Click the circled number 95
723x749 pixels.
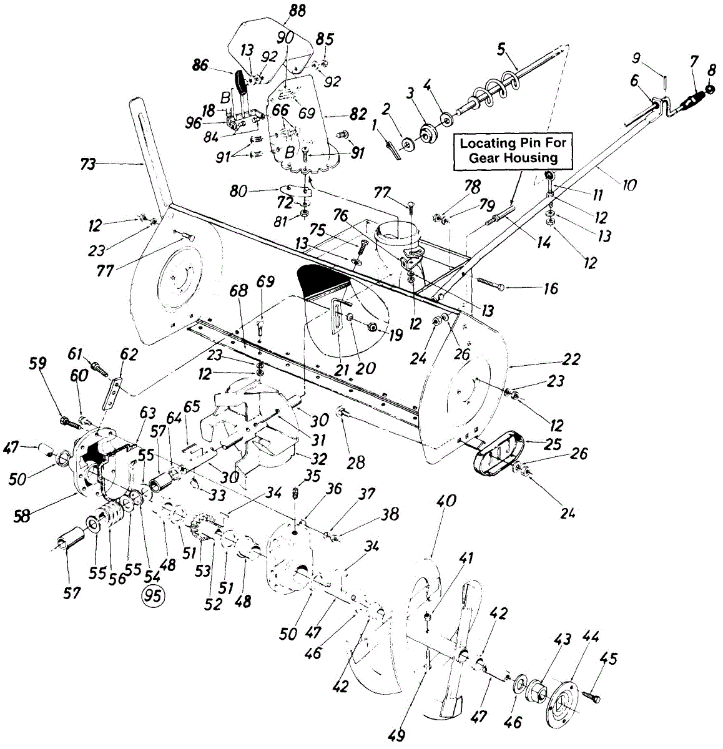click(x=153, y=596)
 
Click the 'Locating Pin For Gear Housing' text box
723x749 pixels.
click(x=513, y=150)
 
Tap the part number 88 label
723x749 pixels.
click(x=297, y=11)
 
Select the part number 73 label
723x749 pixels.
click(x=88, y=164)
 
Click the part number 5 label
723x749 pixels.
click(x=501, y=50)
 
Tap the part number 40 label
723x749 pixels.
click(x=446, y=501)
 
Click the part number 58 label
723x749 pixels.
click(x=22, y=516)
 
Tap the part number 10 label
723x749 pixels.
click(x=629, y=185)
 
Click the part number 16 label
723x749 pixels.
click(x=551, y=288)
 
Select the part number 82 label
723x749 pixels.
click(x=358, y=114)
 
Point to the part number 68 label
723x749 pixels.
click(x=239, y=291)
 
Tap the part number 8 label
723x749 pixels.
click(x=712, y=71)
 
